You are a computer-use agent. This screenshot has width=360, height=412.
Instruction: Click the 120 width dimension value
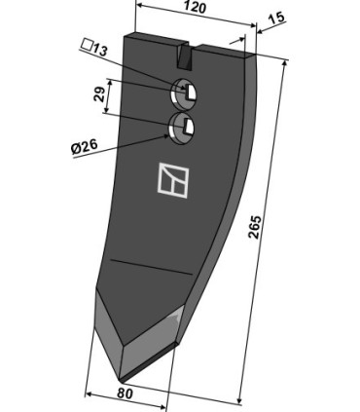click(195, 7)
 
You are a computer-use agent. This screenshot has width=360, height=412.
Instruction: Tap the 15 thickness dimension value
click(276, 18)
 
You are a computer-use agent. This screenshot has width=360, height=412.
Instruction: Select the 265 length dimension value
click(254, 227)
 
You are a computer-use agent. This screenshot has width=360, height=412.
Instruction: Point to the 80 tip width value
click(125, 393)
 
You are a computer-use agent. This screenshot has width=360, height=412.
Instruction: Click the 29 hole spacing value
click(100, 94)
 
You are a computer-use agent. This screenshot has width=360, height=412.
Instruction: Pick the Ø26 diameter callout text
click(85, 148)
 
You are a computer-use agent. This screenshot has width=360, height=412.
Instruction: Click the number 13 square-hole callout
click(99, 50)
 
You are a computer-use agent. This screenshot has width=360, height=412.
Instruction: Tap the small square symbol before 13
click(87, 44)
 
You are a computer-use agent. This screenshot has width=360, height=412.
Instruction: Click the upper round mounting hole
click(184, 94)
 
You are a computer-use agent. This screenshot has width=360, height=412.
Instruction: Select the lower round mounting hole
click(182, 129)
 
